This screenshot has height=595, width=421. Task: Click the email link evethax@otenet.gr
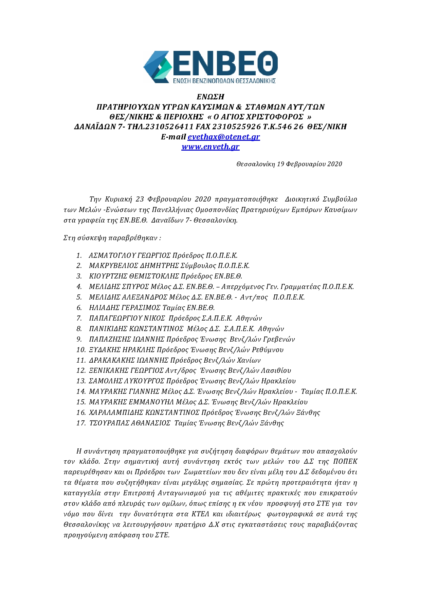224,137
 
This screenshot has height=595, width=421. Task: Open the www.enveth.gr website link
210,147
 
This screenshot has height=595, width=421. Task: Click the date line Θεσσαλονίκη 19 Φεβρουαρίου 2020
289,164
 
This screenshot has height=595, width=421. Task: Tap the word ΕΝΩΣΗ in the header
210,97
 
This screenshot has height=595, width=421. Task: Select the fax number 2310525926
236,127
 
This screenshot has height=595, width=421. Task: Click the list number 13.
81,381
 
